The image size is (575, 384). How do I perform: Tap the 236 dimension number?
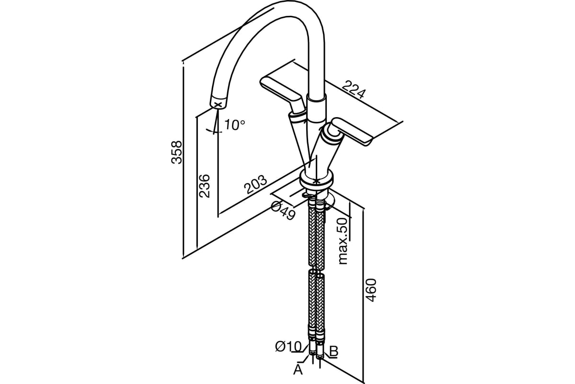pos(205,185)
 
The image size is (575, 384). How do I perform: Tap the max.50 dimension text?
pos(342,240)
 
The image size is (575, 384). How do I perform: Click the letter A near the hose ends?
pos(298,370)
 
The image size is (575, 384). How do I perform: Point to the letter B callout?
pos(334,351)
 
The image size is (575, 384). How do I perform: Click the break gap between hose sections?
pos(316,270)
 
